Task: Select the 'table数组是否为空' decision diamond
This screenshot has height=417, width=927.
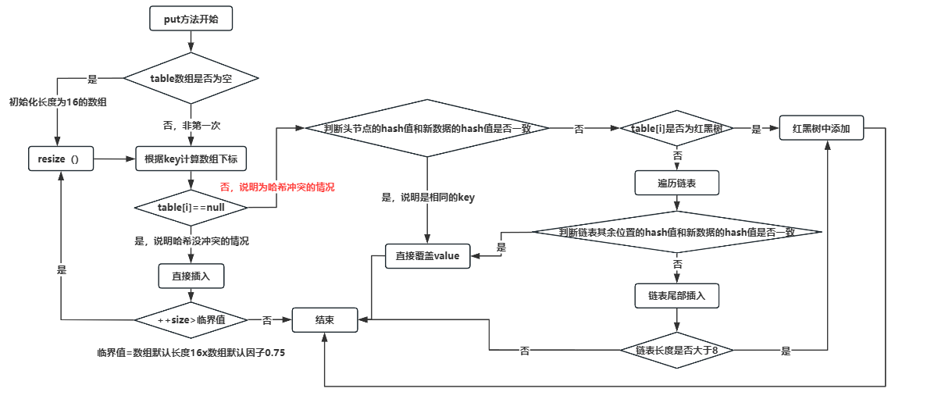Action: [x=191, y=79]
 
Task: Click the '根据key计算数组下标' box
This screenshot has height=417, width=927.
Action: [x=191, y=159]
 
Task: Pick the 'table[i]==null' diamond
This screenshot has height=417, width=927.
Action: [x=191, y=207]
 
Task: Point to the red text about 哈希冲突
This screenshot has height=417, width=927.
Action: [x=277, y=187]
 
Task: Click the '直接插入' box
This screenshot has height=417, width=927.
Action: [x=191, y=275]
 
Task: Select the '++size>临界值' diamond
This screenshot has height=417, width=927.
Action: [x=191, y=319]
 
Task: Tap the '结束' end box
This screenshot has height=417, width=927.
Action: [x=325, y=319]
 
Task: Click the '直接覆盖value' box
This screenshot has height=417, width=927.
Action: [x=428, y=256]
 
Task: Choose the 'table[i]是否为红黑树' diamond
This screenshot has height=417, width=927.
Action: [x=676, y=129]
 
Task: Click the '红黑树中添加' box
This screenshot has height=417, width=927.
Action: [x=821, y=129]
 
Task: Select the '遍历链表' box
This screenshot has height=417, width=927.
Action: [x=676, y=184]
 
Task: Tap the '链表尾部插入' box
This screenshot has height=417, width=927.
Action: [x=676, y=296]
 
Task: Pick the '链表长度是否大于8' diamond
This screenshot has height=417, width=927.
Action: [x=676, y=351]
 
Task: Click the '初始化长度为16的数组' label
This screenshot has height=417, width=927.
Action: [x=58, y=102]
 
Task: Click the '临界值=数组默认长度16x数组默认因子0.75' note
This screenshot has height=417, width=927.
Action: [x=191, y=353]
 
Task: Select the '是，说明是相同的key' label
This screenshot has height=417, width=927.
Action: [x=427, y=198]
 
